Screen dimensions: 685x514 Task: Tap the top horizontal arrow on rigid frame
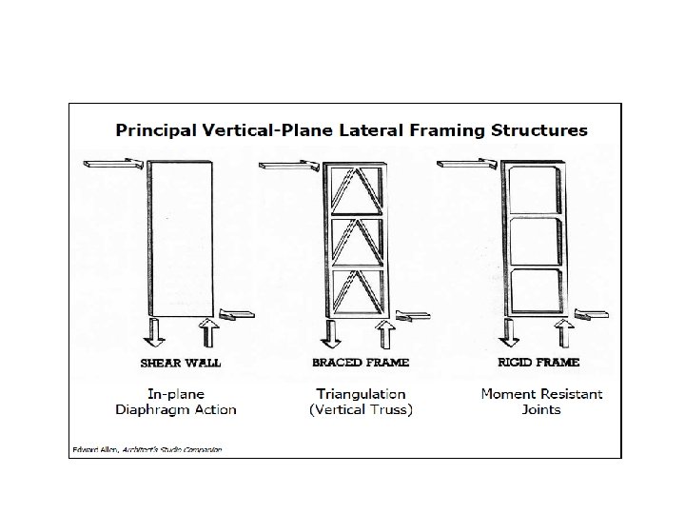pos(466,166)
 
